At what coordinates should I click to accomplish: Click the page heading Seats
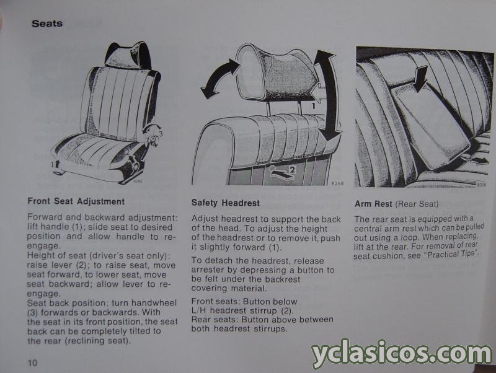pyautogui.click(x=47, y=24)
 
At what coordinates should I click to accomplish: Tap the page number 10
pyautogui.click(x=33, y=362)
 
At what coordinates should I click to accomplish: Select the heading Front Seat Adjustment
pyautogui.click(x=76, y=201)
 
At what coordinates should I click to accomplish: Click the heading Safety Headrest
pyautogui.click(x=225, y=203)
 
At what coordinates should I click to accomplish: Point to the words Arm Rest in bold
pyautogui.click(x=373, y=204)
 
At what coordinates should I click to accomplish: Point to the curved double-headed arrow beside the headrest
pyautogui.click(x=219, y=77)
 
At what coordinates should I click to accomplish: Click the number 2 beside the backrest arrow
pyautogui.click(x=292, y=170)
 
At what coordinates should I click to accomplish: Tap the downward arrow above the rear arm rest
pyautogui.click(x=420, y=78)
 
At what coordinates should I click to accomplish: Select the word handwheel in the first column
pyautogui.click(x=154, y=303)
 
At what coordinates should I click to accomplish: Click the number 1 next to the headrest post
pyautogui.click(x=313, y=106)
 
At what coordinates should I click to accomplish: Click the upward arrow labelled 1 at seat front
pyautogui.click(x=57, y=164)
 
